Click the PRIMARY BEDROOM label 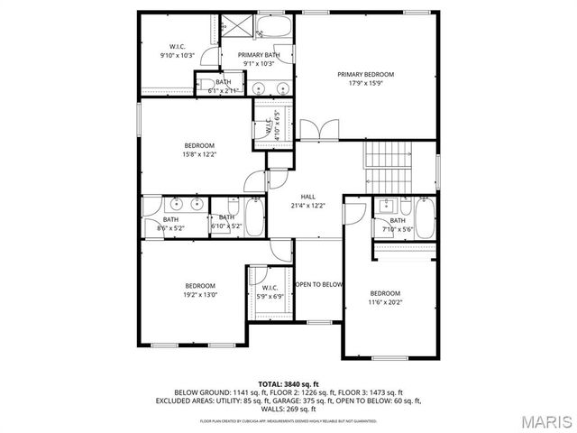tap(366, 75)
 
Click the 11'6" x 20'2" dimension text tap(385, 302)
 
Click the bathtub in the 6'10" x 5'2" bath tap(254, 217)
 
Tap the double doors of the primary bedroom tap(312, 130)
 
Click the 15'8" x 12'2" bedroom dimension tap(200, 154)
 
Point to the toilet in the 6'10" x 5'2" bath tap(233, 205)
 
